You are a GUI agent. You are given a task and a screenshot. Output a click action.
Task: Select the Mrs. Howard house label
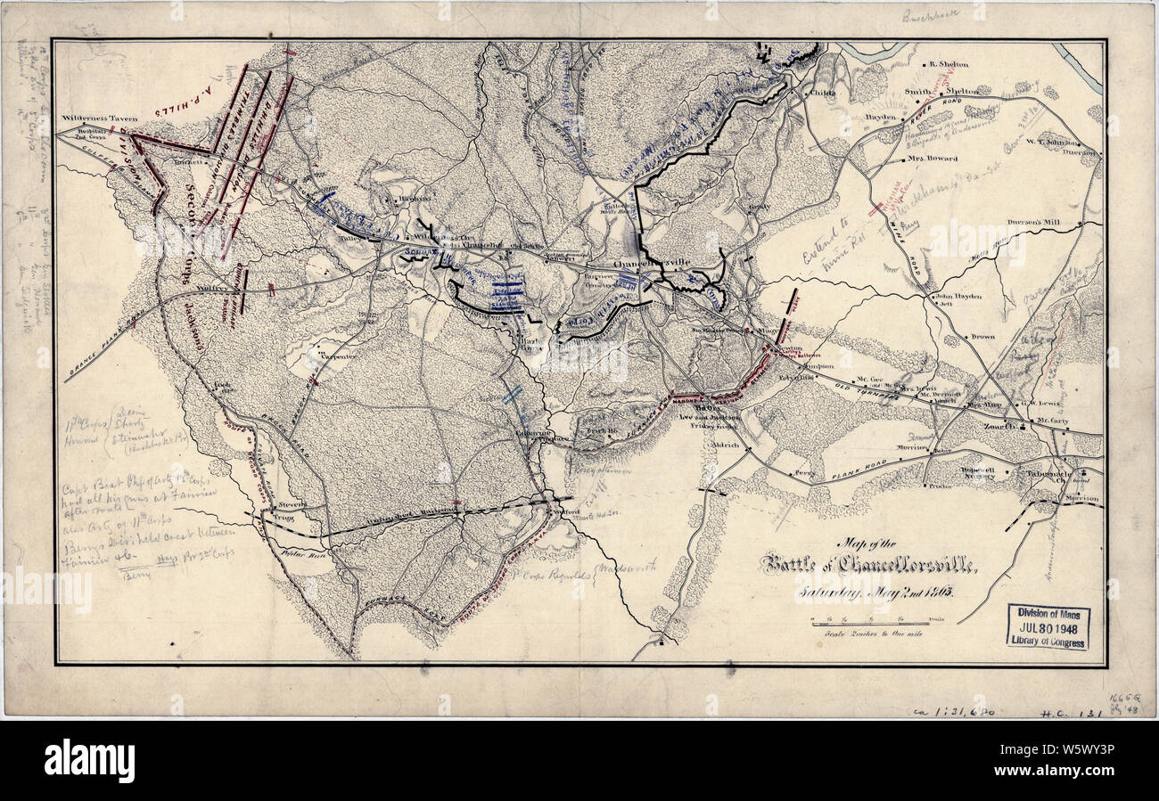(933, 159)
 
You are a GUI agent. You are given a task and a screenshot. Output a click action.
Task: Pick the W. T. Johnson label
(1043, 138)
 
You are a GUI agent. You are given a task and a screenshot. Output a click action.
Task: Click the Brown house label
(982, 337)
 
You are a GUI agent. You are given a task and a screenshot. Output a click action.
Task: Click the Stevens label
(292, 503)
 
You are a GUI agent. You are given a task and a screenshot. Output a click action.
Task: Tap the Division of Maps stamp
(1048, 626)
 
